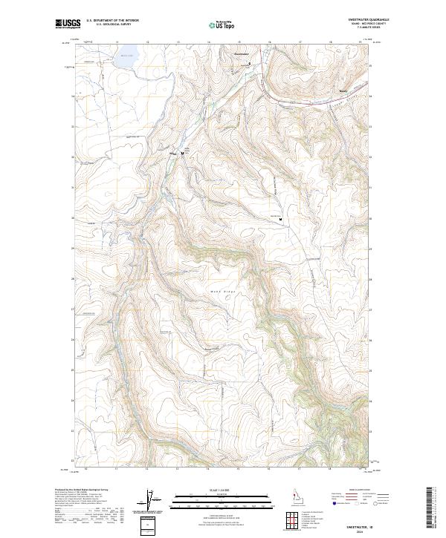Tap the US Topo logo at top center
point(222,24)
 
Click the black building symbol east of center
point(281,218)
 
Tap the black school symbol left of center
point(182,154)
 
